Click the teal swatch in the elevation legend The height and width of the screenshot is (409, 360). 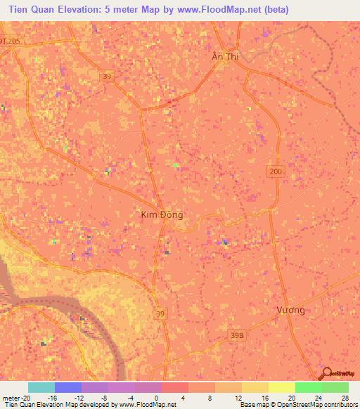pos(41,387)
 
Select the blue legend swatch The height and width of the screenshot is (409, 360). pos(68,387)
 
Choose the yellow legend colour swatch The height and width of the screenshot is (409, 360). pos(282,387)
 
